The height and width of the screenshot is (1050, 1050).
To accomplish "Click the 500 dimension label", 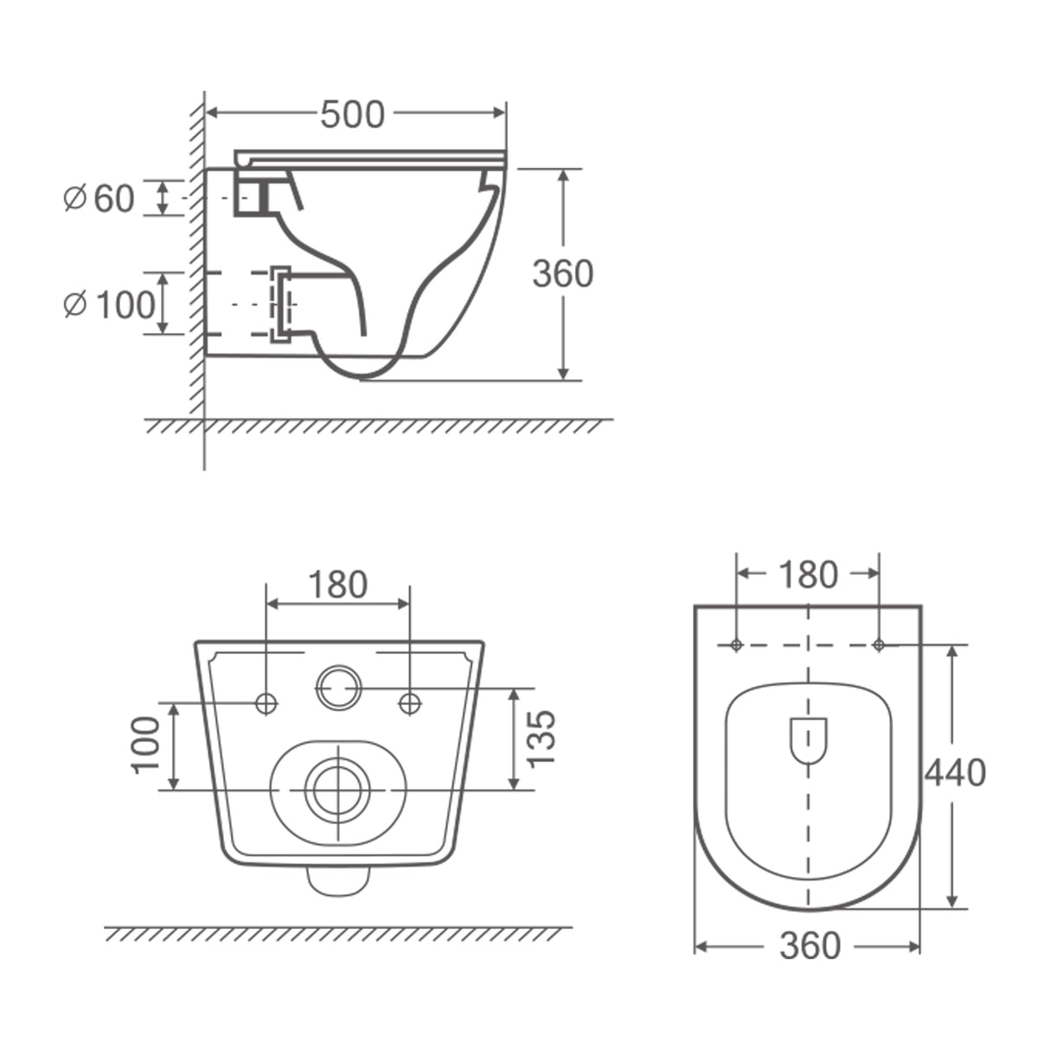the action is tap(353, 114).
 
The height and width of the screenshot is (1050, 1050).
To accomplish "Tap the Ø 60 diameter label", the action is tap(99, 198).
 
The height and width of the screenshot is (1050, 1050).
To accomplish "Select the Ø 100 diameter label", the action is tap(109, 304).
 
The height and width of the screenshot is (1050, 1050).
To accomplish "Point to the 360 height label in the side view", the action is tap(563, 273).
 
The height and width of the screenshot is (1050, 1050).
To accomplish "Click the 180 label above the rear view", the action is tap(338, 584).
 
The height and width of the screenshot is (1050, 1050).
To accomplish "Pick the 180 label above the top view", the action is tap(808, 575).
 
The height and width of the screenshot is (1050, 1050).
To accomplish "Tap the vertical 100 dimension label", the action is tap(146, 745).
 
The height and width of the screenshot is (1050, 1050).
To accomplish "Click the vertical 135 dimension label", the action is tap(541, 739).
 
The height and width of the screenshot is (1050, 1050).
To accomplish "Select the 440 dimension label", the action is tap(955, 772).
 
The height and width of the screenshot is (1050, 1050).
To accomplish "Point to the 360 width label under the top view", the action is tap(810, 945).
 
